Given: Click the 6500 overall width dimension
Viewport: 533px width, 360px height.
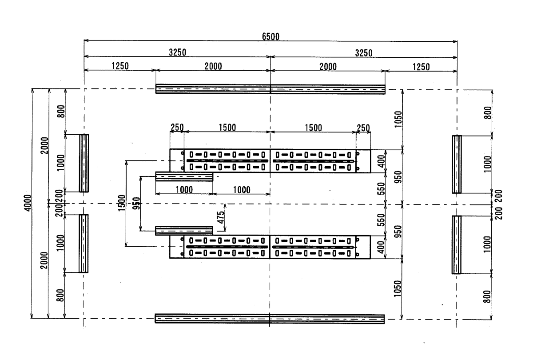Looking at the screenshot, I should (270, 37).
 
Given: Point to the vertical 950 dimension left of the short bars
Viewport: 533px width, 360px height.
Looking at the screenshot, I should (137, 203).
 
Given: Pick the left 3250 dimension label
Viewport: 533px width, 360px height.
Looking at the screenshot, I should (177, 52).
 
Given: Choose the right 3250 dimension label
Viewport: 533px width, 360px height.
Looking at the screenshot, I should (363, 52).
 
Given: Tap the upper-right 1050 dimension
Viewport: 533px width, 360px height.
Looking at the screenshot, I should (398, 119).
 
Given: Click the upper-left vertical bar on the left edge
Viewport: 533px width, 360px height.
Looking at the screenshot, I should (84, 163).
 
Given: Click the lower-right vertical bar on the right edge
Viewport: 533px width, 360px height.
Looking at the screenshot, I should (457, 244).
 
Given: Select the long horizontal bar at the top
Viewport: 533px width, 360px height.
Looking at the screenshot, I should (270, 89).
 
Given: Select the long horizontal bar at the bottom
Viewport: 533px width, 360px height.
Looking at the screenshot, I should (270, 319).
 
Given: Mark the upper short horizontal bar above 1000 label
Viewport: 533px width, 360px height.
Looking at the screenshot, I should (184, 177).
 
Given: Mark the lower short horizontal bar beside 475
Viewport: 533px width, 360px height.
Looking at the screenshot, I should (184, 231).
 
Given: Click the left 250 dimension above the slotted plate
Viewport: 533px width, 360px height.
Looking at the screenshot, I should (177, 127).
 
